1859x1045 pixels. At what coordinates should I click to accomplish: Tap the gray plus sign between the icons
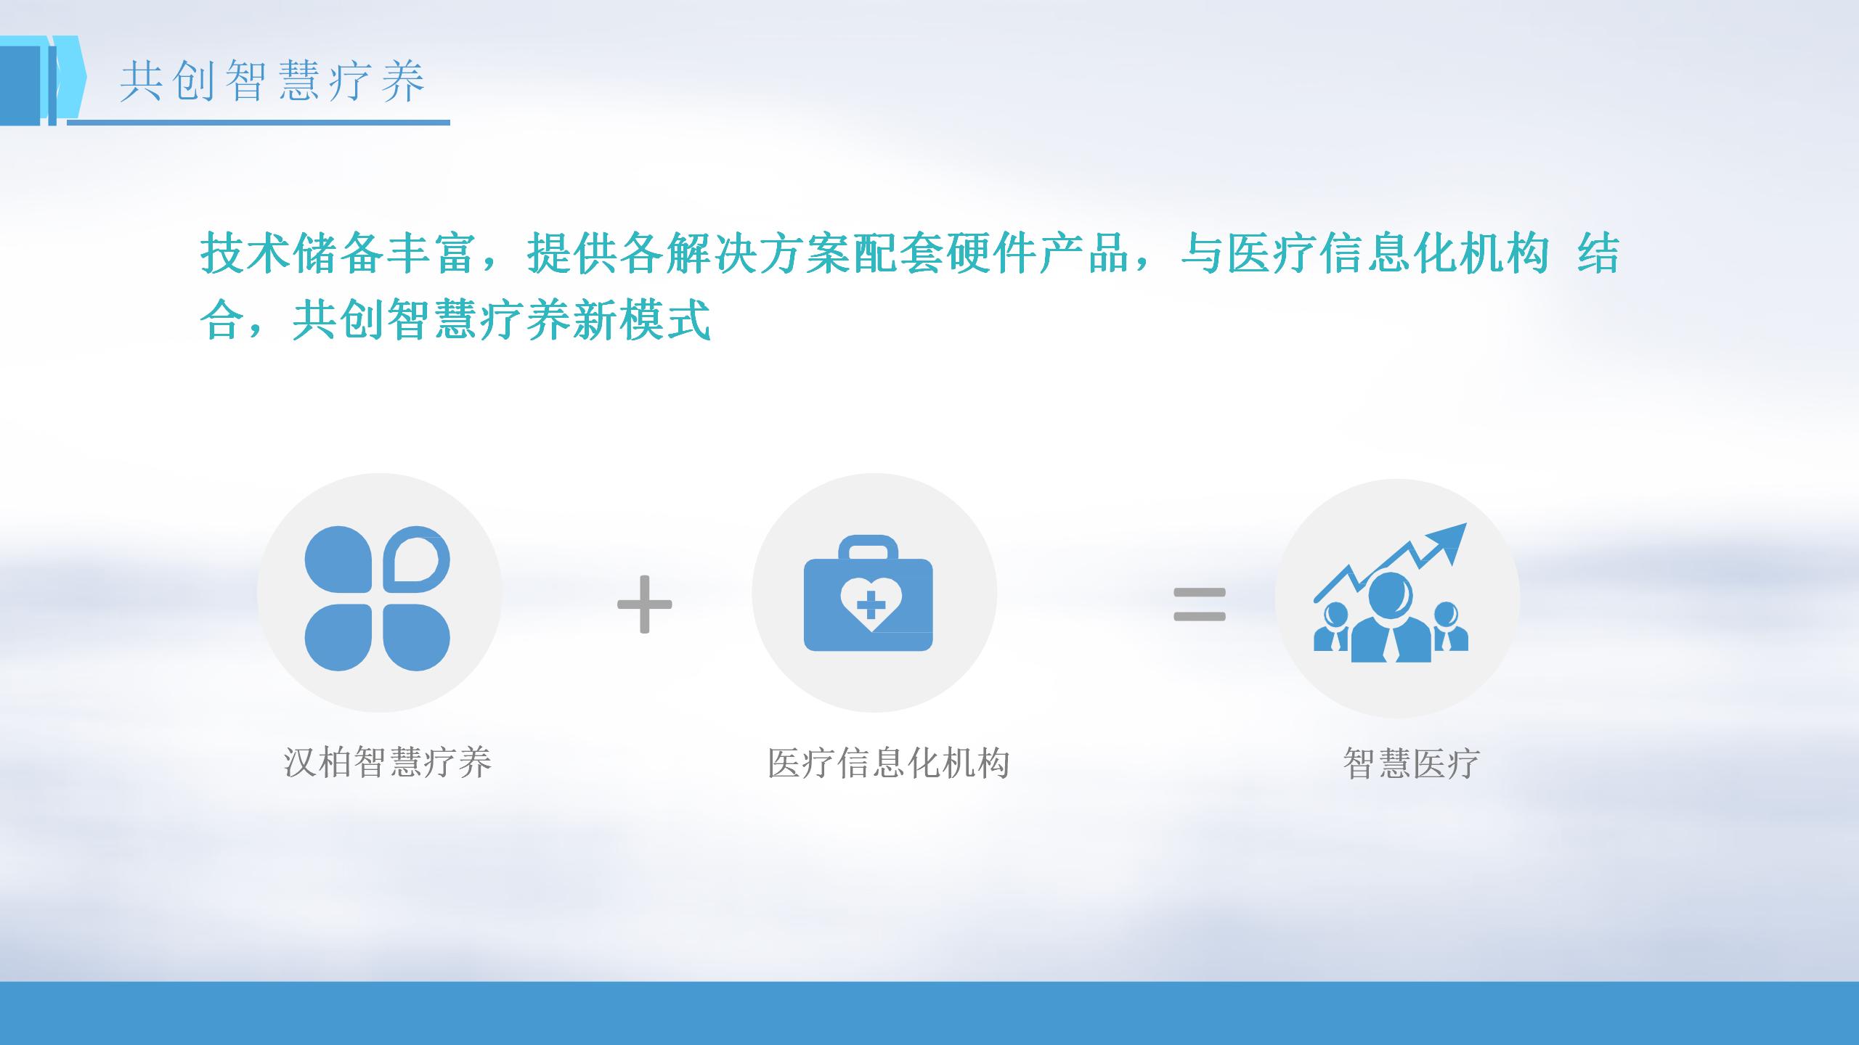pos(644,604)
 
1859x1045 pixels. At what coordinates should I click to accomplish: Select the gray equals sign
pos(1200,605)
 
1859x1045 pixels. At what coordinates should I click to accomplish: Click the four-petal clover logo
pos(377,598)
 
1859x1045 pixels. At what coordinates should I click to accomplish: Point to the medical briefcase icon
pos(869,593)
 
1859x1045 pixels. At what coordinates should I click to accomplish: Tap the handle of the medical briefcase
pos(869,547)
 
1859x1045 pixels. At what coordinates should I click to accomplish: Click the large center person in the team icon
pos(1391,618)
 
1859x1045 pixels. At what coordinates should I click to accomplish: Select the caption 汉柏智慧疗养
pos(388,763)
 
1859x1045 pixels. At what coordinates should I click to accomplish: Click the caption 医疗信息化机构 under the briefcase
pos(889,763)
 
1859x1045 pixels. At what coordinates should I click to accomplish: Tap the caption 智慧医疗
pos(1411,763)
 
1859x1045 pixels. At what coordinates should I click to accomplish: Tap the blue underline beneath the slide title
pos(259,123)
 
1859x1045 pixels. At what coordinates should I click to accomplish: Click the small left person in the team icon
pos(1332,627)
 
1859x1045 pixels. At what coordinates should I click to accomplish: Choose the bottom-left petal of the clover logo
pos(338,637)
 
